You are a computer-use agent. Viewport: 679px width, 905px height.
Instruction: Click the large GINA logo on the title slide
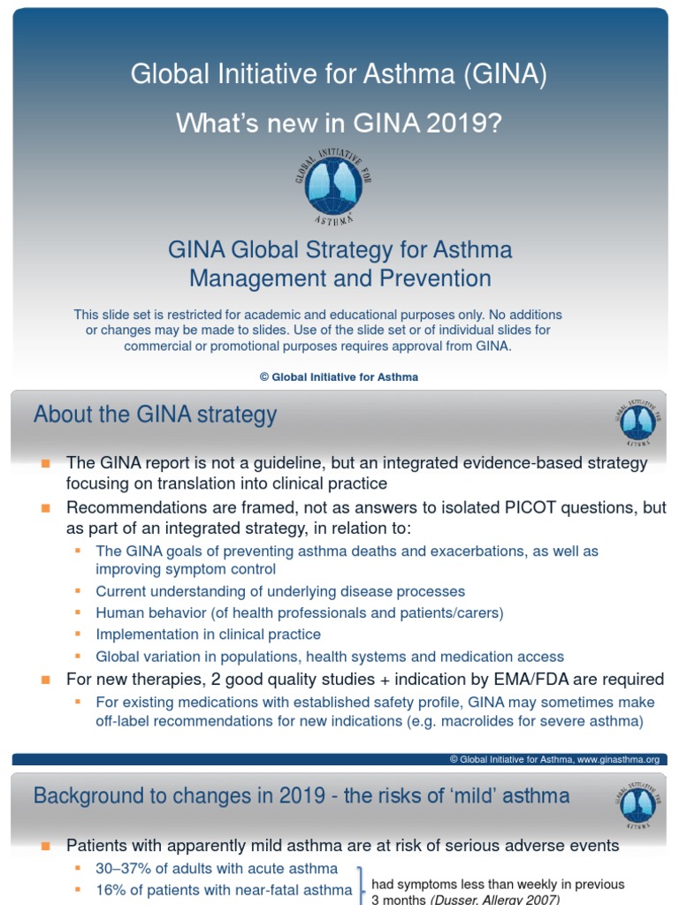(333, 186)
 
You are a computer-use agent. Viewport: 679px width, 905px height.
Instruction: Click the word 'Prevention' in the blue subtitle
(435, 278)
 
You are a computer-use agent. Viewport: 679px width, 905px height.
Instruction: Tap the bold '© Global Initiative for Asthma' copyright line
(339, 376)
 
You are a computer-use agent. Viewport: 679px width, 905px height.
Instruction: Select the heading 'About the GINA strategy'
(155, 414)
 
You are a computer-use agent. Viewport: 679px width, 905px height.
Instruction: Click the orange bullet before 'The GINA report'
(46, 463)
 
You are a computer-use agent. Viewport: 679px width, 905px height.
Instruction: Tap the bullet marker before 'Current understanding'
(78, 590)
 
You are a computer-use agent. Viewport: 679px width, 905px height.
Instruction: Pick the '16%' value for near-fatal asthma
(110, 890)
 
